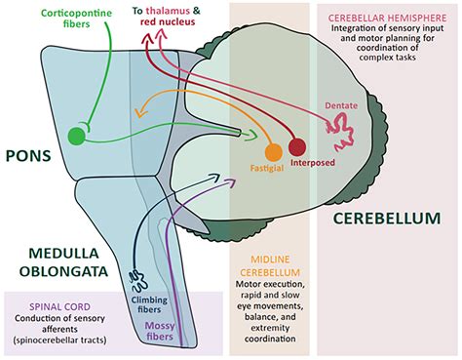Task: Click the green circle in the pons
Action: (77, 136)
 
